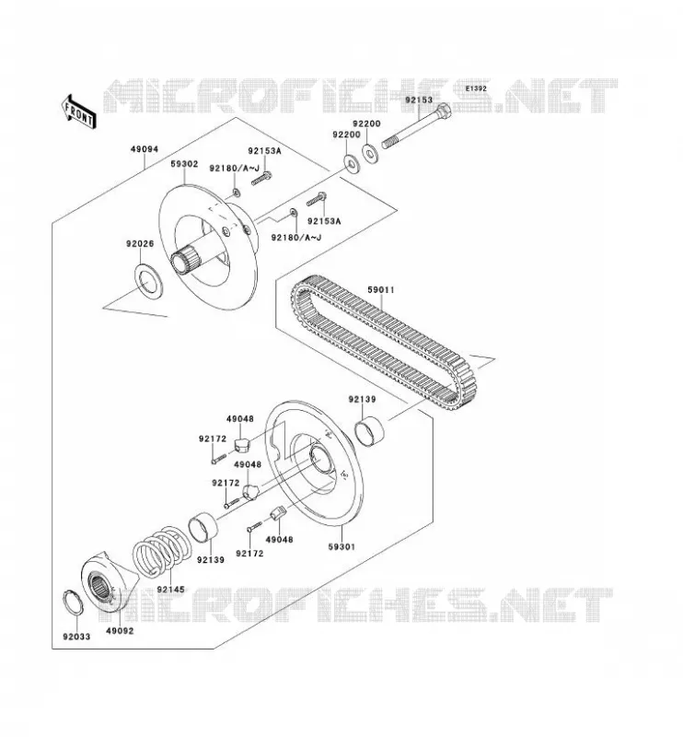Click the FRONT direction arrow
pos(78,111)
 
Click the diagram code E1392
pos(476,88)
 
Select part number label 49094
pos(145,149)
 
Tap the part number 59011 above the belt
pos(380,290)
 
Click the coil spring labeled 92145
pos(161,550)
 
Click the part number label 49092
pos(120,631)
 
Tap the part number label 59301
pos(341,547)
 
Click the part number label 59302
pos(184,164)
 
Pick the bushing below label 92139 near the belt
pos(369,430)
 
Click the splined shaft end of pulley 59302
pos(184,263)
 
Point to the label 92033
pos(76,637)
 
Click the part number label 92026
pos(140,243)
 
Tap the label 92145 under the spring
pos(171,590)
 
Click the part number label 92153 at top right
pos(419,100)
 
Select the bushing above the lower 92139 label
pos(203,529)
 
